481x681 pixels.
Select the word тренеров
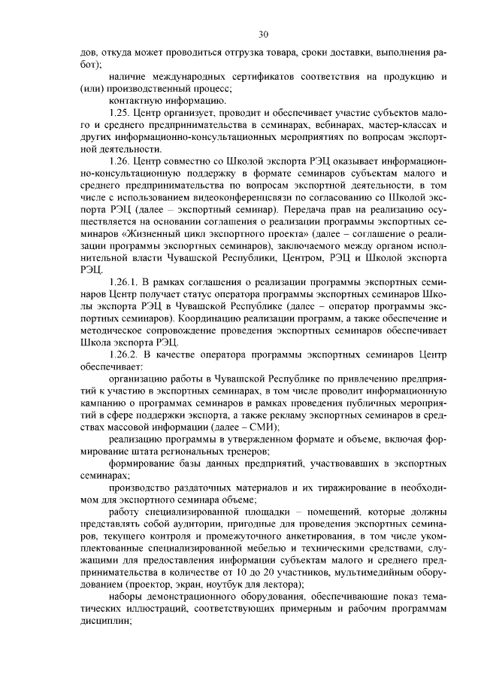(x=242, y=451)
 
